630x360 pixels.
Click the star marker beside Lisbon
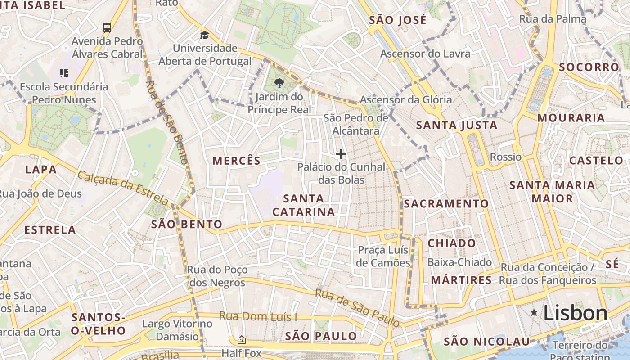534,312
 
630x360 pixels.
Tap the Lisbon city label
576,313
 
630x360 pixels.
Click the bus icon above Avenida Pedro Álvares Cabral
107,28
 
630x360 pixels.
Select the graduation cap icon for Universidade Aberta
205,35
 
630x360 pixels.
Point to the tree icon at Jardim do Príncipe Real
279,83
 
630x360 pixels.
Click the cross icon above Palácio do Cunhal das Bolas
341,154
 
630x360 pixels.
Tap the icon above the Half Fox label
242,340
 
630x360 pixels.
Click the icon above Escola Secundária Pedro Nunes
64,73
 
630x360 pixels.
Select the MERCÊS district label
237,161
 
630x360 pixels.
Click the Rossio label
505,157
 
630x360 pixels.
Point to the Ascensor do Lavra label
425,54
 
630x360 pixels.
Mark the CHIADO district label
451,243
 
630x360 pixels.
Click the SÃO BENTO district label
187,224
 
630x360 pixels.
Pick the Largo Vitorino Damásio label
177,330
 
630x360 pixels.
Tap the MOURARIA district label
571,118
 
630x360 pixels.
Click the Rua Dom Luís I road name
258,316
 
